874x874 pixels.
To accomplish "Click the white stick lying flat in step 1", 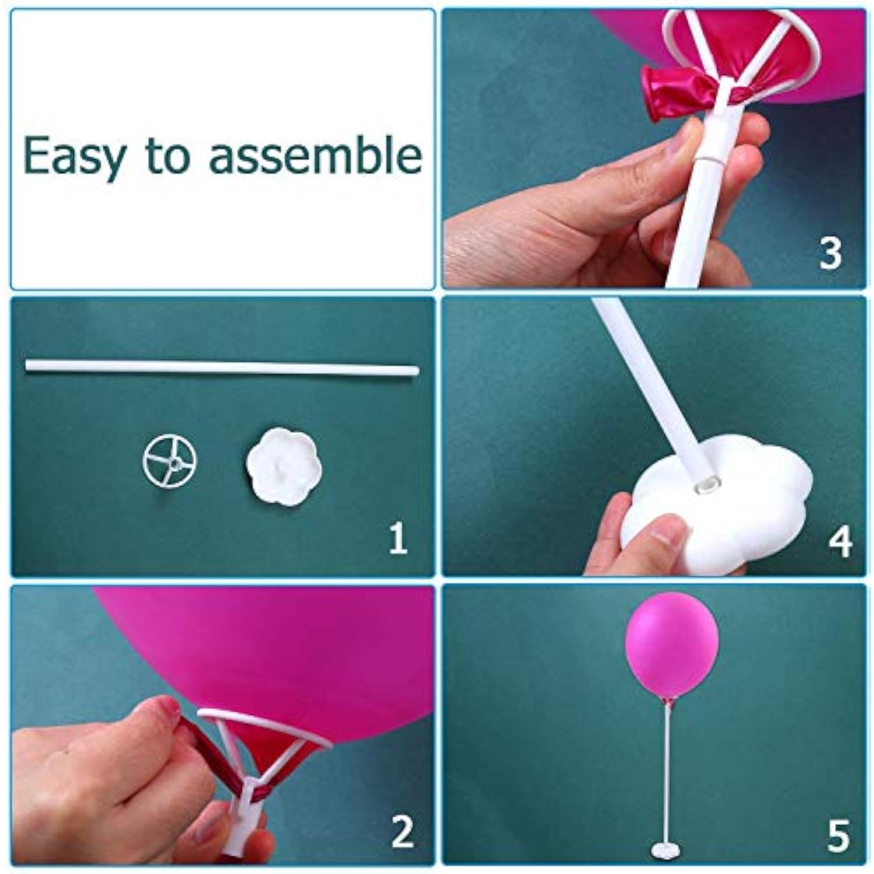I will coord(221,367).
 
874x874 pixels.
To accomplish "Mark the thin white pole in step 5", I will coord(670,775).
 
